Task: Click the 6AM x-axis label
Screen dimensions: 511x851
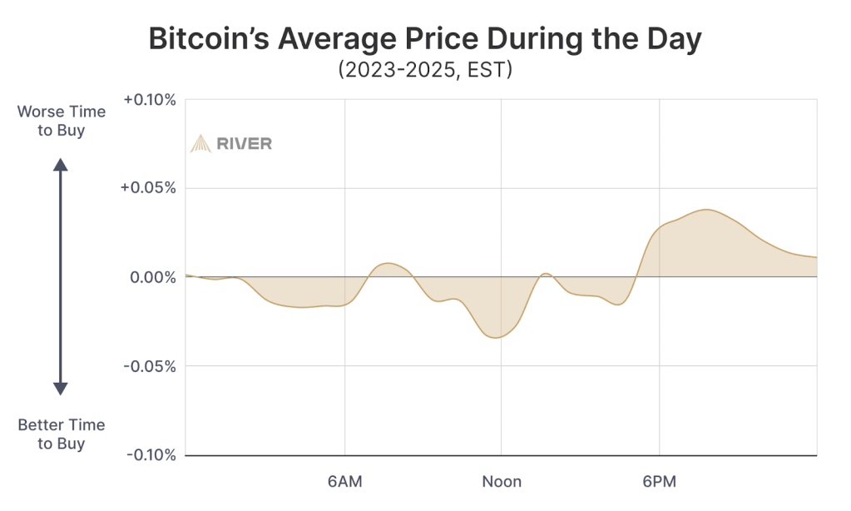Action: click(x=345, y=482)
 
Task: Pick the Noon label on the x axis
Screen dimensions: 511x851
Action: click(x=502, y=482)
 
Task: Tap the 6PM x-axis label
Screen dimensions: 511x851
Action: click(x=659, y=482)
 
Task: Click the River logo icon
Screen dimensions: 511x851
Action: click(x=200, y=143)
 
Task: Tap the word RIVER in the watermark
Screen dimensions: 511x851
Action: click(x=244, y=143)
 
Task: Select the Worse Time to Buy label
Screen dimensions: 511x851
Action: click(x=62, y=121)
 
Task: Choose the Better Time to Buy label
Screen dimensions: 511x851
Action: click(x=62, y=434)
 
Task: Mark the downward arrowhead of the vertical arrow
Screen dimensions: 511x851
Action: click(x=61, y=388)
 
